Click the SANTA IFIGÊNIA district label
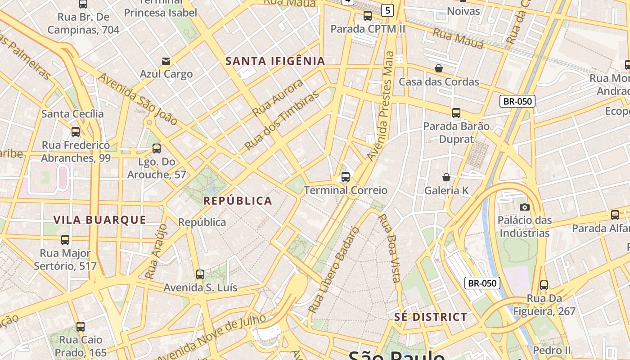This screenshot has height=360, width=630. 275,61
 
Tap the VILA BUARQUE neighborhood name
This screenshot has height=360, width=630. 100,220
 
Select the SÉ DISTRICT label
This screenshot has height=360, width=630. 431,317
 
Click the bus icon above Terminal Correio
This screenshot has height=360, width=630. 346,177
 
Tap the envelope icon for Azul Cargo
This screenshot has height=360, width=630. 166,61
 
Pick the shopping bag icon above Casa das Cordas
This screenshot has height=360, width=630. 439,68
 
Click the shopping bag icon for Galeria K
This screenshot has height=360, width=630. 446,177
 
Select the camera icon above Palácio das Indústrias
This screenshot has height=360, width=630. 524,207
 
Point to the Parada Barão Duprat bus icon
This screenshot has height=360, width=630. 456,112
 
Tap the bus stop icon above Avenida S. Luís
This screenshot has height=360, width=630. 200,274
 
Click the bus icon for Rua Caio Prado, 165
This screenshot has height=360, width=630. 81,326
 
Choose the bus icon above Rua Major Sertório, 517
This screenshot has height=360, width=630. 65,240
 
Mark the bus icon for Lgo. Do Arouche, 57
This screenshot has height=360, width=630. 157,148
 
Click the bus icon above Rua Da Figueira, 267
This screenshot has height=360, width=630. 544,285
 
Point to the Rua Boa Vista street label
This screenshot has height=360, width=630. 389,248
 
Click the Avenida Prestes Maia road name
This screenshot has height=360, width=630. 381,106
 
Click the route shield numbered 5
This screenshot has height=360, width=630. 387,10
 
